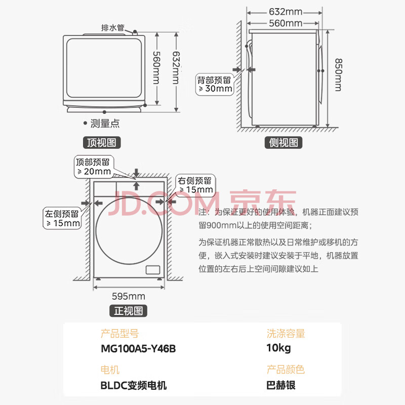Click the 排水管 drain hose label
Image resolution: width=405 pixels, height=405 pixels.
pos(112,28)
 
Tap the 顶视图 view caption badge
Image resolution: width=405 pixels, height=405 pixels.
pos(102,142)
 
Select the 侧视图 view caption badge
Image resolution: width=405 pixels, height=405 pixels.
pos(283,142)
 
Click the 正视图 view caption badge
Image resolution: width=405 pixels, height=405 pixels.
pos(129,311)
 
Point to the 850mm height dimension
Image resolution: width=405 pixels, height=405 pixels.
pos(339,75)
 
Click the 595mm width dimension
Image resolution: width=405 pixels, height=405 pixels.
pos(129,296)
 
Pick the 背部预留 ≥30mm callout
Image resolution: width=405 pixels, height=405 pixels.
pos(215,85)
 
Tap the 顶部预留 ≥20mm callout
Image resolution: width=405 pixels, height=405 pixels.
pos(94,167)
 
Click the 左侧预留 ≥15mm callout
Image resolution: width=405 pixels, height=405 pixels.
pos(62,218)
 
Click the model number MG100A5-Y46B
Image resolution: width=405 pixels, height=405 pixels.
pos(138,349)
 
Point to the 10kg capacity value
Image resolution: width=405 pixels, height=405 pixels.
pos(278,348)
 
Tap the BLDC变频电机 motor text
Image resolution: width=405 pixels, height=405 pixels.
pos(134,385)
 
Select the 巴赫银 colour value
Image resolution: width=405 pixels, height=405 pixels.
pos(281,385)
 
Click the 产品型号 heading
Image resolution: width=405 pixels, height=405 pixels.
pos(119,334)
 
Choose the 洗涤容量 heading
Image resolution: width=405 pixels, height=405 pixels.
pos(286,334)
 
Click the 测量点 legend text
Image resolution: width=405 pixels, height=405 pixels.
pos(105,124)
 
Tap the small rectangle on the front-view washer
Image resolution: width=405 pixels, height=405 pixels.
pos(153,270)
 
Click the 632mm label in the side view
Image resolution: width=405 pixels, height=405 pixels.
pos(286,12)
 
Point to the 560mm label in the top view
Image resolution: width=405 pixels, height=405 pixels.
pos(156,68)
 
